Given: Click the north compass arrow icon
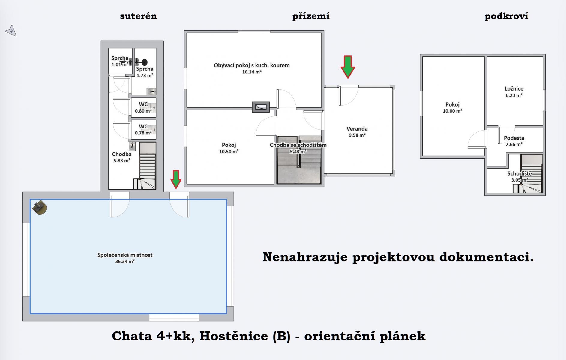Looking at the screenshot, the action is click(11, 31).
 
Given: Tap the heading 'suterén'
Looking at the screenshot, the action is click(139, 16).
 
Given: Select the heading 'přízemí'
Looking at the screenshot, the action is click(311, 16).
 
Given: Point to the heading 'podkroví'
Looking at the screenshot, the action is click(506, 16).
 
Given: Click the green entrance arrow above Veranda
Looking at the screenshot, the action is click(348, 67).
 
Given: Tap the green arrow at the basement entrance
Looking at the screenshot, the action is click(176, 179).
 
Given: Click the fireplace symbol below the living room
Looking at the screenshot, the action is click(261, 107).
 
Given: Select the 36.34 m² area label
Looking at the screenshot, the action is click(125, 262).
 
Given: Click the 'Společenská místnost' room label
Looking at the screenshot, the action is click(125, 255).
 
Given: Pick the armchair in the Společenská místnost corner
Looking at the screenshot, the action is click(40, 208).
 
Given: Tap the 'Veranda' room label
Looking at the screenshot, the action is click(357, 129).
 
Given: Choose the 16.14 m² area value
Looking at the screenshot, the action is click(252, 72).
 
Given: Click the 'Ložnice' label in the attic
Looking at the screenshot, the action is click(514, 89).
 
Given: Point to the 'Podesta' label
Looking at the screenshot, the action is click(514, 138).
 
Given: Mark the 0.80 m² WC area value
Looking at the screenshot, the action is click(143, 111).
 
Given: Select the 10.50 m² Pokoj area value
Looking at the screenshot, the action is click(229, 152).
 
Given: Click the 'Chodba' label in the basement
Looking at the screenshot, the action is click(122, 154).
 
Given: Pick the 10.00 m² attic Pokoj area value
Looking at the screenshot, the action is click(452, 111).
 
